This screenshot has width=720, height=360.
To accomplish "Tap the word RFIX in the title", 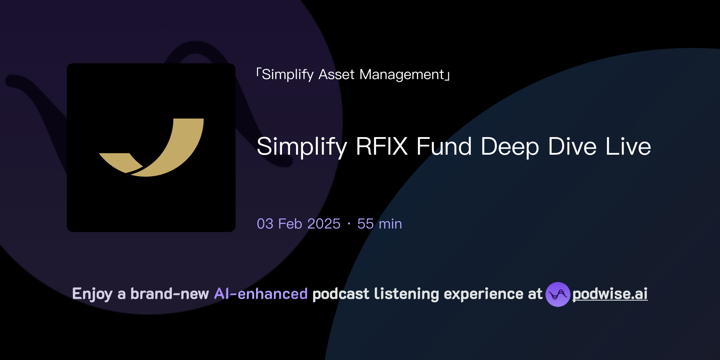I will pyautogui.click(x=381, y=146).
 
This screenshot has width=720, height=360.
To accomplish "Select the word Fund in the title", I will pyautogui.click(x=444, y=146).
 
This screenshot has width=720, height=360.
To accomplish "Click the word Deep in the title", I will pyautogui.click(x=510, y=146).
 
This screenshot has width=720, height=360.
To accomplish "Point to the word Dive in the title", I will pyautogui.click(x=572, y=146).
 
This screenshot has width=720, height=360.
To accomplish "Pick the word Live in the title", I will pyautogui.click(x=628, y=146).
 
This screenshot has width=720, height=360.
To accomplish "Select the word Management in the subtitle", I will pyautogui.click(x=402, y=75).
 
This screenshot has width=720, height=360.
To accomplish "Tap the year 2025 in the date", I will pyautogui.click(x=324, y=224).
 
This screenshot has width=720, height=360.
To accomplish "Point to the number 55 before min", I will pyautogui.click(x=365, y=224).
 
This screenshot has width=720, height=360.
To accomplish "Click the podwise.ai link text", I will pyautogui.click(x=610, y=294).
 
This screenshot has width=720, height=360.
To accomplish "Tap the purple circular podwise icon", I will pyautogui.click(x=558, y=294).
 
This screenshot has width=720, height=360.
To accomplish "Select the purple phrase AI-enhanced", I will pyautogui.click(x=261, y=294).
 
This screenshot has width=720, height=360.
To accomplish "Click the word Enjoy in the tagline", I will pyautogui.click(x=92, y=294).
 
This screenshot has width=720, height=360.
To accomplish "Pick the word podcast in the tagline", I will pyautogui.click(x=341, y=294).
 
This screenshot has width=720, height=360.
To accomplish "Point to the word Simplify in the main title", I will pyautogui.click(x=302, y=146).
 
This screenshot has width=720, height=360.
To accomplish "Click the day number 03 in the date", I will pyautogui.click(x=265, y=224).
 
